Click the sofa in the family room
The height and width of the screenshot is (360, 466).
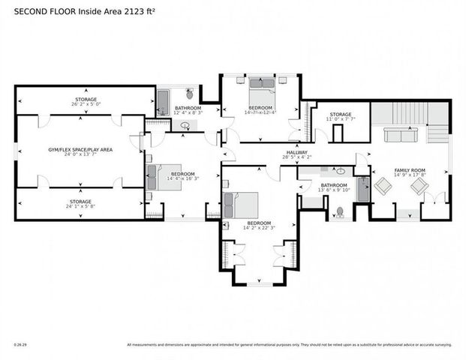[x=397, y=135]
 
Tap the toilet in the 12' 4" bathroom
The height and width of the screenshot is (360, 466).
[x=189, y=94]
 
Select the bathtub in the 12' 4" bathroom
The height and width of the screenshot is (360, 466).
[x=162, y=100]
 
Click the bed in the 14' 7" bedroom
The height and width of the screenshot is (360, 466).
[x=262, y=93]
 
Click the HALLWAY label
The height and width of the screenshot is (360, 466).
[x=296, y=152]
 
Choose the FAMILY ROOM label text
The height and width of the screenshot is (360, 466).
[x=409, y=170]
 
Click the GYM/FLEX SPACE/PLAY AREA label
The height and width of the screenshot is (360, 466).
[x=81, y=150]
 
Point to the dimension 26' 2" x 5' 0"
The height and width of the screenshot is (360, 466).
[x=86, y=105]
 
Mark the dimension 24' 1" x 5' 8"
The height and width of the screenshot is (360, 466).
[x=80, y=207]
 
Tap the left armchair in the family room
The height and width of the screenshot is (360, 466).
[x=383, y=186]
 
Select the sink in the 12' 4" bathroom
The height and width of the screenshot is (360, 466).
[x=185, y=125]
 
